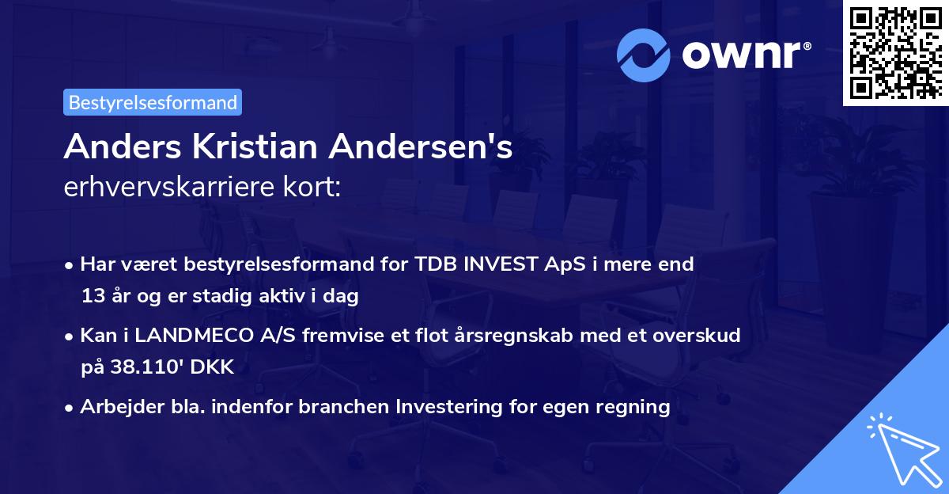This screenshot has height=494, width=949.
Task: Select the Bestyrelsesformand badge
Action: (153, 102)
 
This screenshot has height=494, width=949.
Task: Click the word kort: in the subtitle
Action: (316, 188)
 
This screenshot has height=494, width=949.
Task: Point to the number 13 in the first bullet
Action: (93, 297)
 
